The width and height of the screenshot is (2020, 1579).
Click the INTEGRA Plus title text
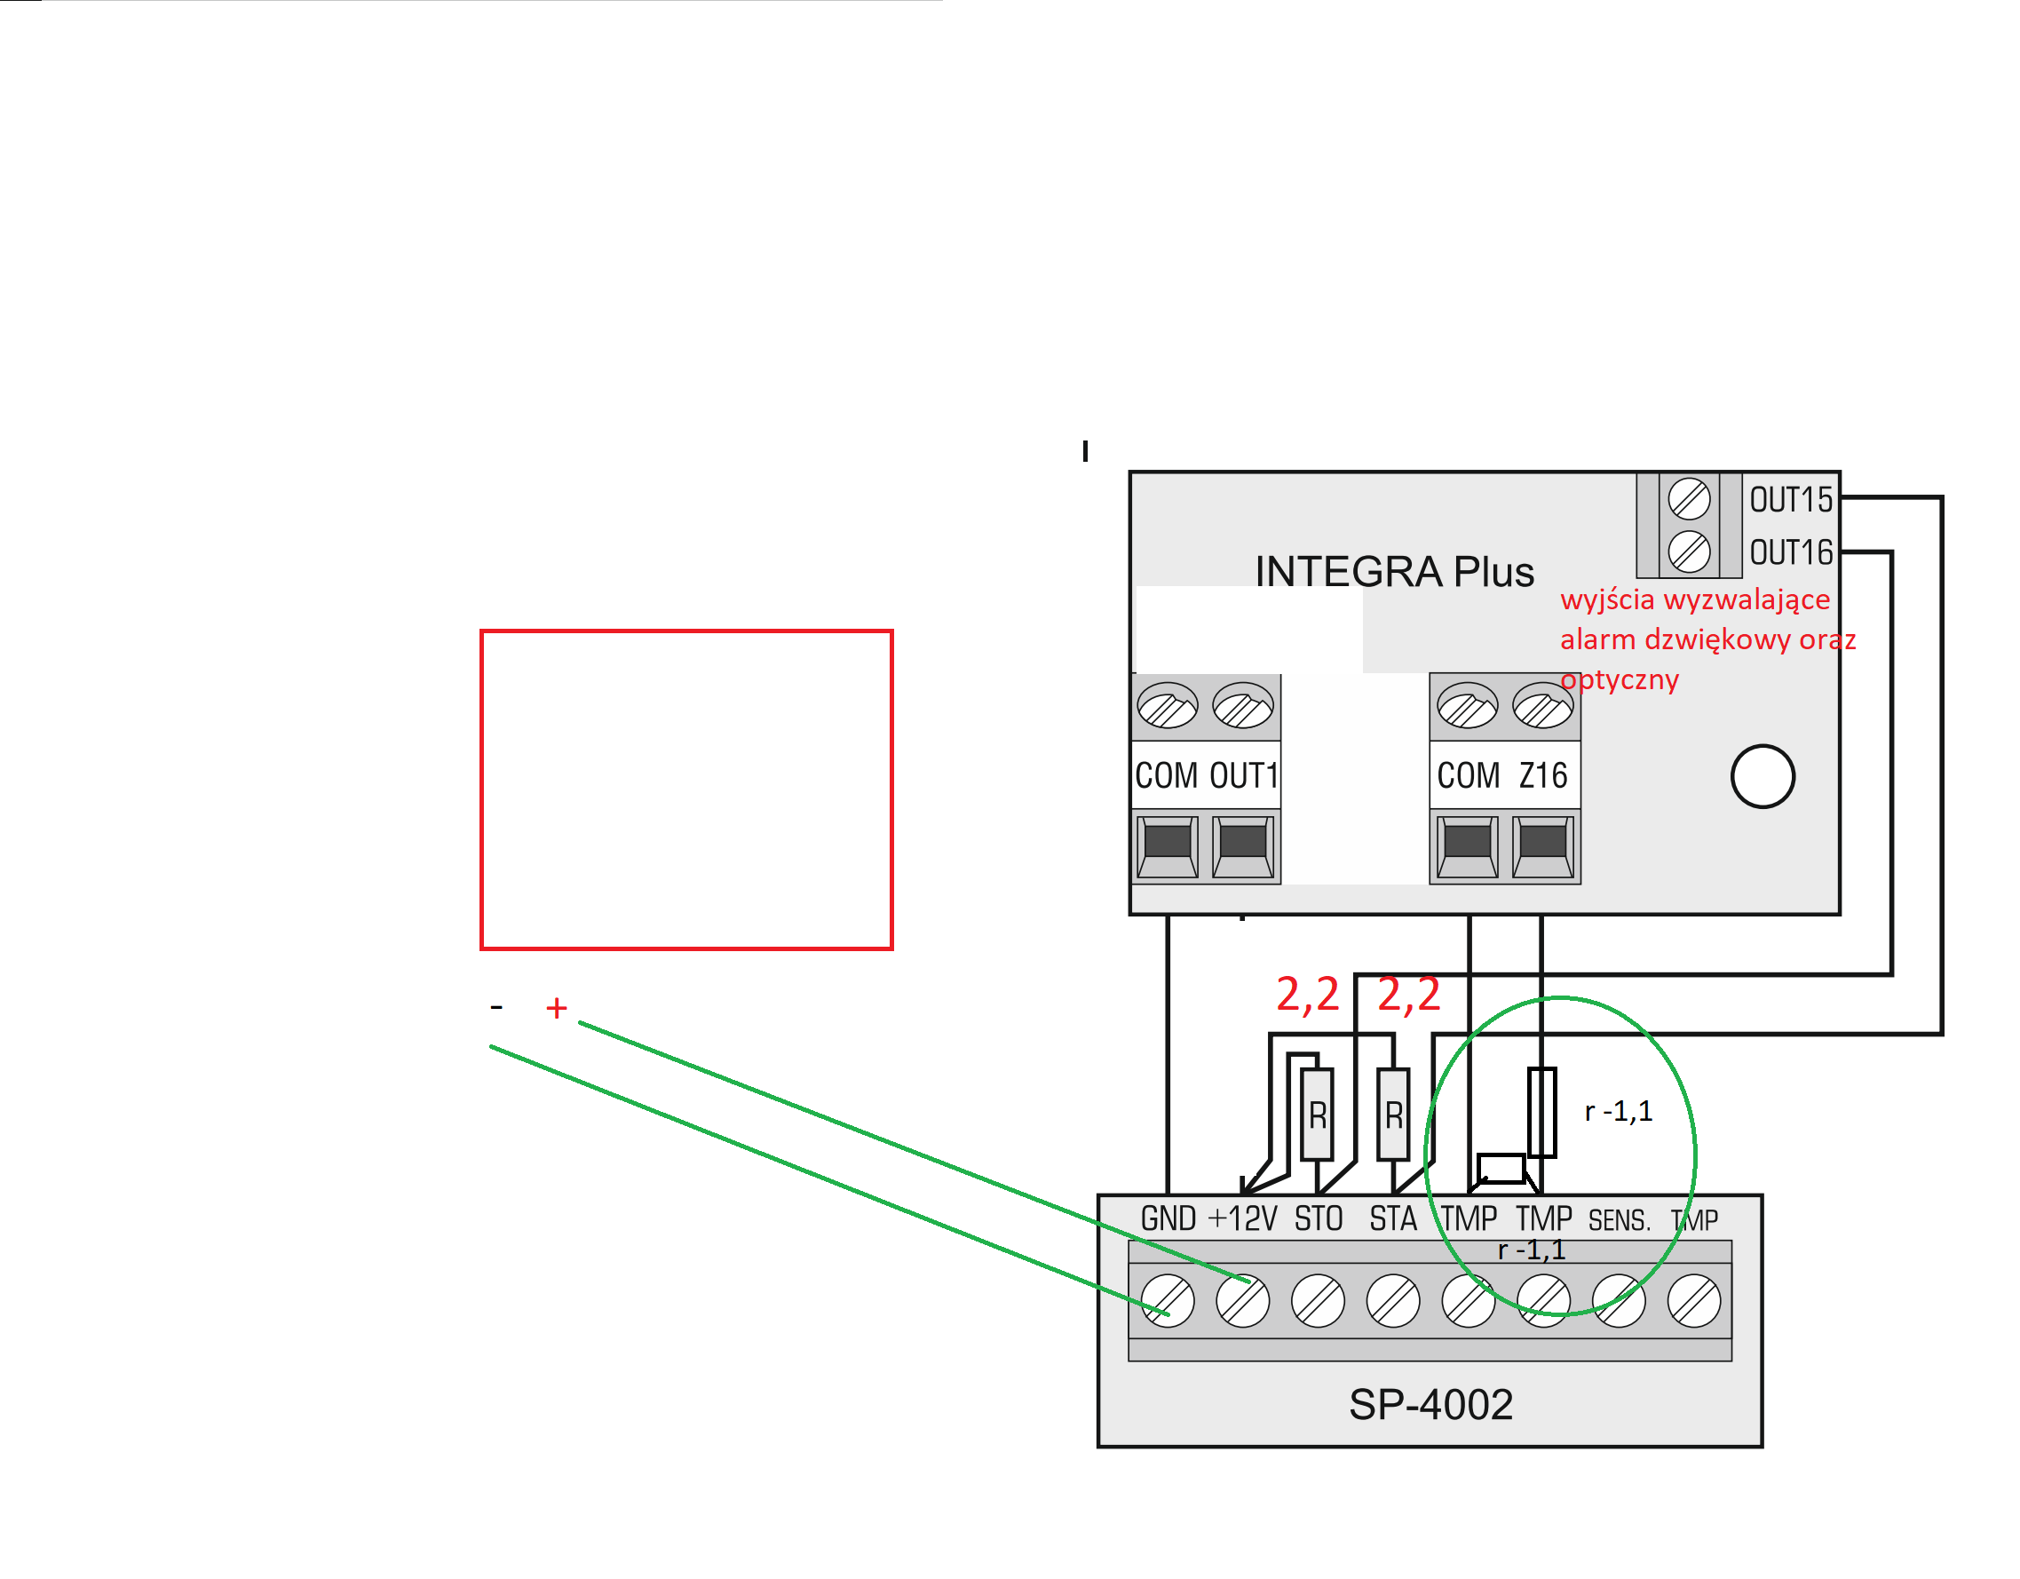click(x=1394, y=572)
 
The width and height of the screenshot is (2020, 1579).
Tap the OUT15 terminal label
click(x=1791, y=499)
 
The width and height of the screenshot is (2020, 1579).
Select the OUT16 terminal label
click(x=1791, y=552)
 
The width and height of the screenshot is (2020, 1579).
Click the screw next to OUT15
click(x=1689, y=499)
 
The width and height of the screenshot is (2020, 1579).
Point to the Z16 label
click(x=1543, y=775)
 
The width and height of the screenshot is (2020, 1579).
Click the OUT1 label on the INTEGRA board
click(x=1244, y=775)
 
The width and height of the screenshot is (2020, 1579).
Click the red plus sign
click(x=556, y=1007)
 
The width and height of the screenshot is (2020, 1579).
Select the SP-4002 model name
click(x=1430, y=1404)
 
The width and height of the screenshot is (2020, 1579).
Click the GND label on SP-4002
click(x=1168, y=1218)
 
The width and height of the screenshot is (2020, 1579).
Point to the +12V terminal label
click(x=1242, y=1218)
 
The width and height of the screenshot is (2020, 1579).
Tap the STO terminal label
click(x=1318, y=1218)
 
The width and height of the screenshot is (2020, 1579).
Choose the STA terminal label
click(x=1393, y=1218)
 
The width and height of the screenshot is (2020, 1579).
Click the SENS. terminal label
click(x=1619, y=1220)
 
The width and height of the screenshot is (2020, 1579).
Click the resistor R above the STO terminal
click(x=1317, y=1114)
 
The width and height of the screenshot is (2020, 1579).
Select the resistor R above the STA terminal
click(x=1393, y=1114)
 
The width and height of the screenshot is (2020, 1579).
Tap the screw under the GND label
click(x=1168, y=1300)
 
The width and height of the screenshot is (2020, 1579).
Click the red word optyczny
click(x=1620, y=680)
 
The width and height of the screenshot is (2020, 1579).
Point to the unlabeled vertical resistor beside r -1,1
click(x=1541, y=1112)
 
